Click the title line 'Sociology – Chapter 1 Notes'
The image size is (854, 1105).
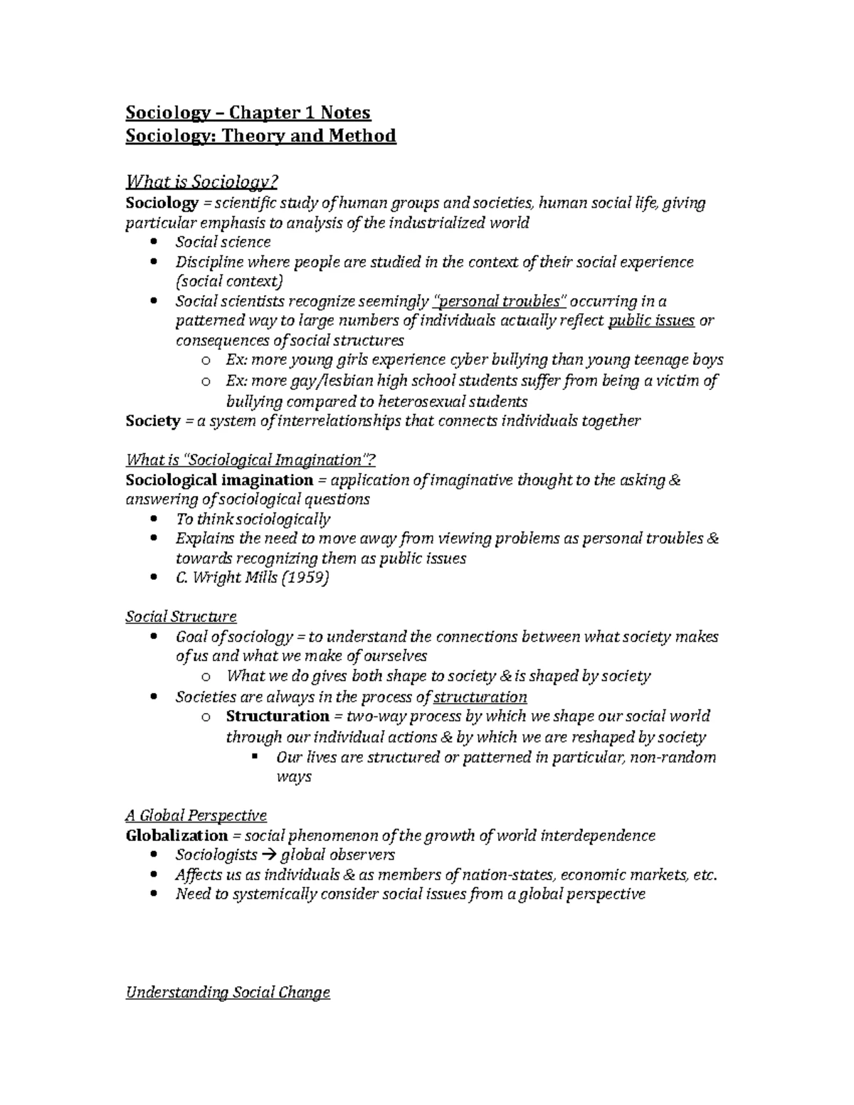point(248,112)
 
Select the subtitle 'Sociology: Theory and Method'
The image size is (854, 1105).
point(260,135)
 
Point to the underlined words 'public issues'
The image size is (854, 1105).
point(651,320)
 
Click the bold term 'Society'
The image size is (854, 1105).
point(152,421)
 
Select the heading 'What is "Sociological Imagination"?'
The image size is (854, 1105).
point(251,460)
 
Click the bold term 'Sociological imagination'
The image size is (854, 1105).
point(219,480)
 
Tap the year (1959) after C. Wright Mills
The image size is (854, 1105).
point(305,577)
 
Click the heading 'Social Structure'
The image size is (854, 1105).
point(181,616)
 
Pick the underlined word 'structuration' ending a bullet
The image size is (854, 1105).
point(480,697)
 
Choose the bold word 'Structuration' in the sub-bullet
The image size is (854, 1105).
point(278,716)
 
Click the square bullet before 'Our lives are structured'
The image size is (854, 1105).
point(254,756)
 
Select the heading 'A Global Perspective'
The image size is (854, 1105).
point(196,815)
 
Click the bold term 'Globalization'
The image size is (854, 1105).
point(176,835)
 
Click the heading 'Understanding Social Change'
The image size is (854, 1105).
point(228,992)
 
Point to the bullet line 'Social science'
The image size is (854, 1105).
point(223,242)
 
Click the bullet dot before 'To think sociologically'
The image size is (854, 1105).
point(154,519)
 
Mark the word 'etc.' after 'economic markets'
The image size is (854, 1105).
point(705,874)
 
